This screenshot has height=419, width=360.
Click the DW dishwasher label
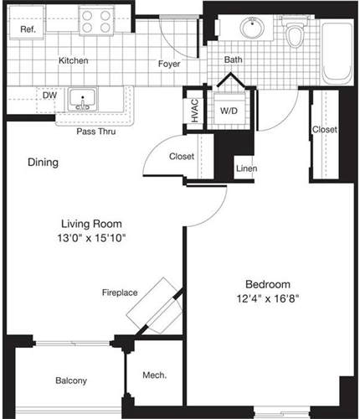[x=49, y=96]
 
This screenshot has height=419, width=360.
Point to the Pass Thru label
[x=95, y=132]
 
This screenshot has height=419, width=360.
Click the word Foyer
[x=170, y=63]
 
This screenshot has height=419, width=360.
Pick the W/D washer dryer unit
[x=228, y=110]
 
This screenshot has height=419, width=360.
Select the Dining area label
[x=42, y=162]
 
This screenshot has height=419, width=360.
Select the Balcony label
[x=71, y=380]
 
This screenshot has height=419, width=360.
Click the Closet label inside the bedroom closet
[x=324, y=129]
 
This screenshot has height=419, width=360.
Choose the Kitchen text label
[x=74, y=61]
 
